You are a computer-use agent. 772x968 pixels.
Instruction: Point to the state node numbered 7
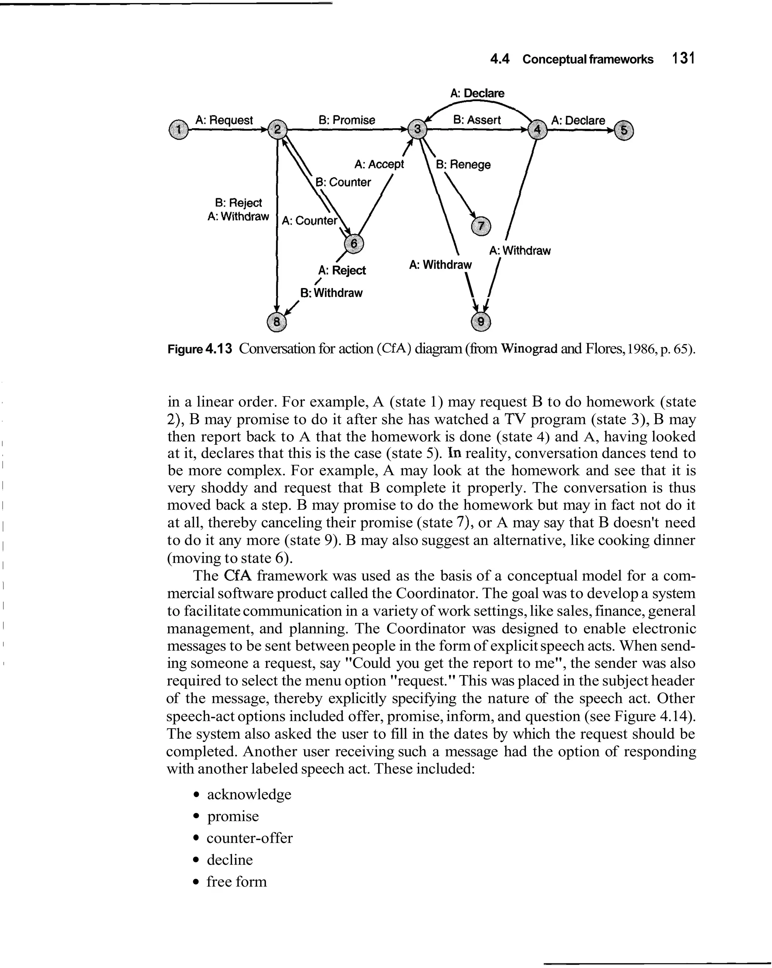(481, 226)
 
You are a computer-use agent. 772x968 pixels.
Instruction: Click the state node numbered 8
(277, 322)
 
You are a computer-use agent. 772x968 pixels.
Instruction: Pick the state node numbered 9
(481, 322)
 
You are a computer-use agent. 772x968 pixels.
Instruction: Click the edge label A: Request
(224, 120)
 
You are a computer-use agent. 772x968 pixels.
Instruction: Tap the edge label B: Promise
(346, 120)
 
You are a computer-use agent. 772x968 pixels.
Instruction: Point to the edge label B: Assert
(476, 120)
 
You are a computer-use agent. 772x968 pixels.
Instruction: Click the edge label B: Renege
(463, 164)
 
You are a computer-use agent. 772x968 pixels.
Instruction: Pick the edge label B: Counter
(343, 182)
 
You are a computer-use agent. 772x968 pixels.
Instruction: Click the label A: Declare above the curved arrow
(477, 93)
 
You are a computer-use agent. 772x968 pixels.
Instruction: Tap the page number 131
(683, 58)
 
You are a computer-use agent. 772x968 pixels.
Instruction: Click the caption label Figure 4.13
(200, 349)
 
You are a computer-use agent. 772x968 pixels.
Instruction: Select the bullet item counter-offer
(249, 838)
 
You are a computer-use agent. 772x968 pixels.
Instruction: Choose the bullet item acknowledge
(249, 794)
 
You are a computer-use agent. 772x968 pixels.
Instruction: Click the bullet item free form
(236, 881)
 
